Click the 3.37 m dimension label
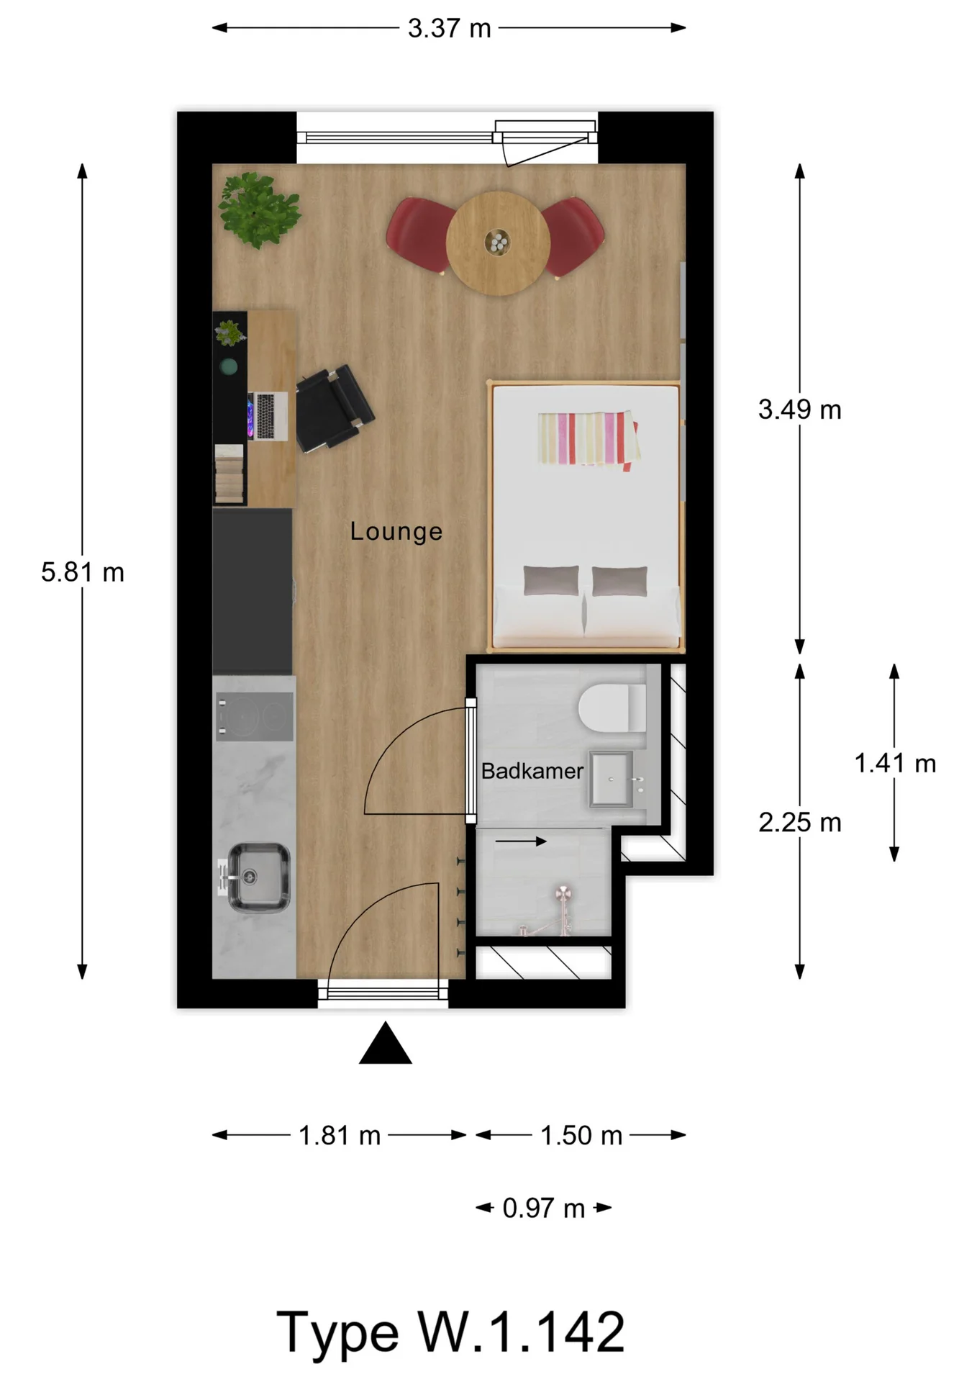449,29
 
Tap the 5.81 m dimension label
82,572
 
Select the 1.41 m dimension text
894,763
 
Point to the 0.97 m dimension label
543,1208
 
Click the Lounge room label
396,531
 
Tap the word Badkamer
532,771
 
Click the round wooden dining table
498,243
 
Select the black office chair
332,408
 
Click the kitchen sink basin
258,877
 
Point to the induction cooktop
255,716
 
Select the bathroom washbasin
612,779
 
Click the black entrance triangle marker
385,1044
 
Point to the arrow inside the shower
521,841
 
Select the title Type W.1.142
450,1332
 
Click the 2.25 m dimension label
799,822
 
